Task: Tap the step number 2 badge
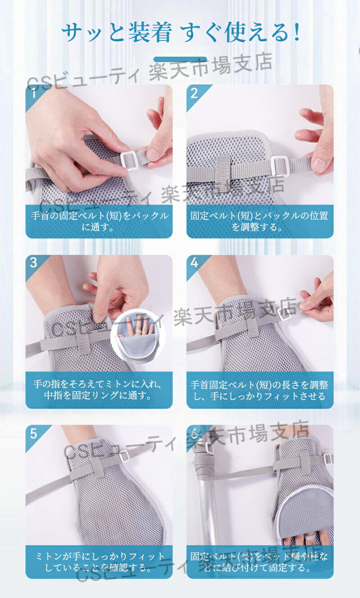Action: tap(194, 94)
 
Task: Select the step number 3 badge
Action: tap(34, 263)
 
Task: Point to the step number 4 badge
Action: tap(194, 263)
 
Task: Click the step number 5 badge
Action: tap(34, 434)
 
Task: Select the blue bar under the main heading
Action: tap(180, 59)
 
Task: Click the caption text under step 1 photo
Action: tap(99, 221)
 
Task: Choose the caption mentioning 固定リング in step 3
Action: tap(98, 390)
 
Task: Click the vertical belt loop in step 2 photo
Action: tap(224, 174)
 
